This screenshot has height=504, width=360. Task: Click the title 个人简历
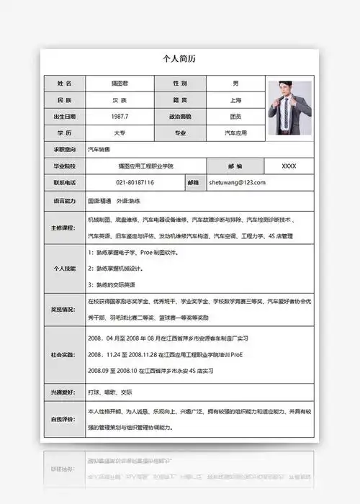click(x=179, y=59)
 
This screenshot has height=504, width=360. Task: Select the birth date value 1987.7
click(x=120, y=117)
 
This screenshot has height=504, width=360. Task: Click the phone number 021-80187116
click(x=135, y=183)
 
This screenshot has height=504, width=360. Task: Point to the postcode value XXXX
click(x=289, y=166)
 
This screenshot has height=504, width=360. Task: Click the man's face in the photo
click(x=287, y=91)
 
